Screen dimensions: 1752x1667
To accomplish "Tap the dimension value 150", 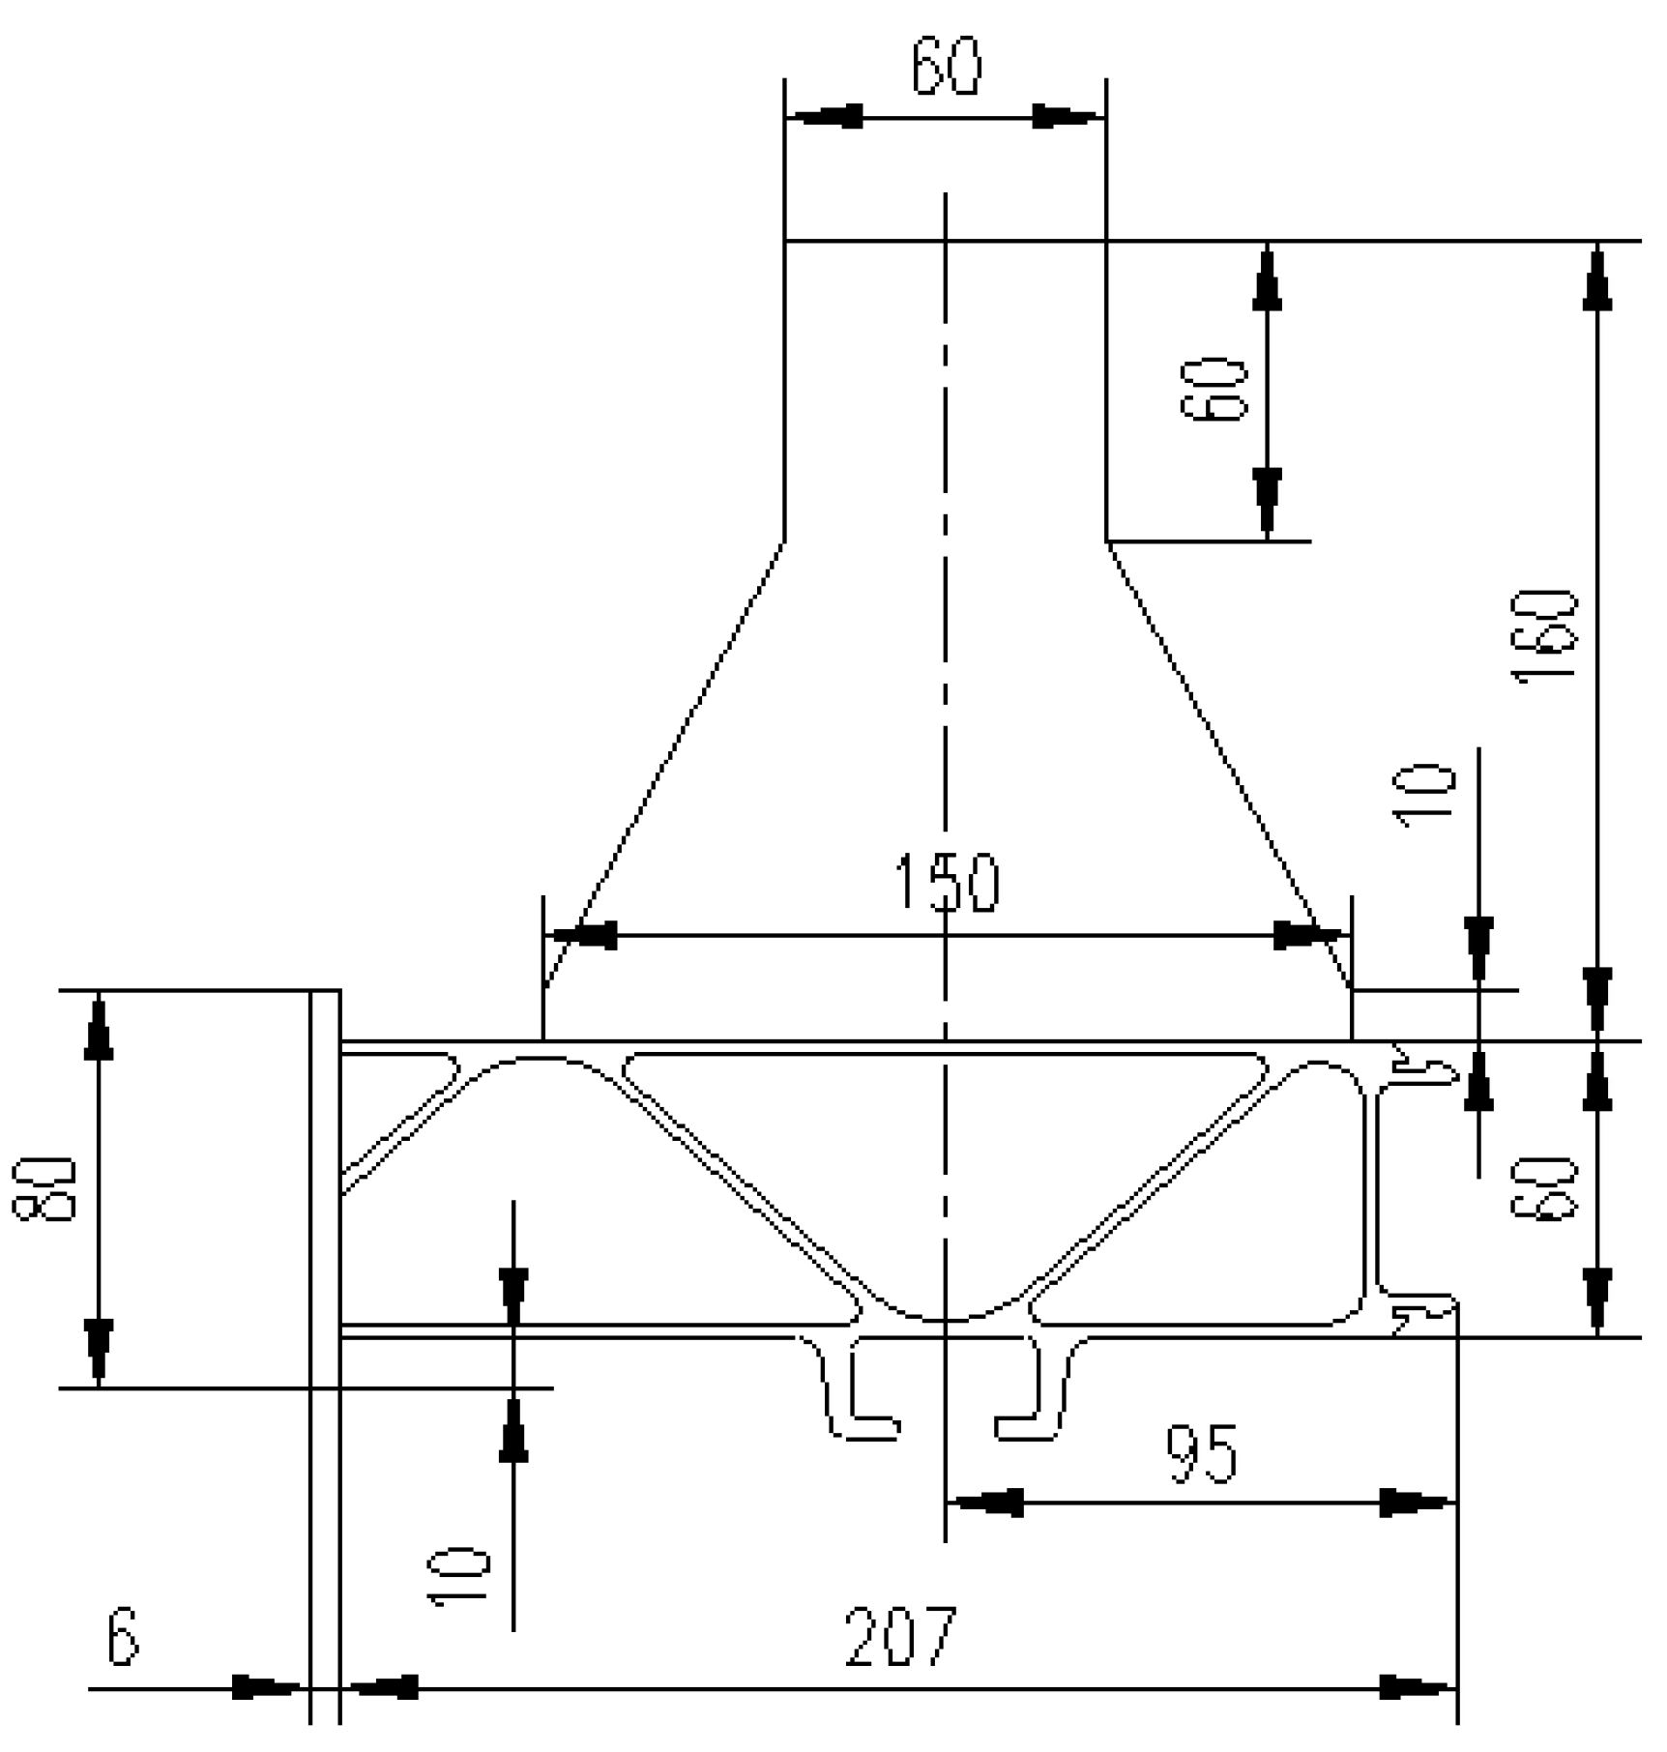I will pyautogui.click(x=947, y=882).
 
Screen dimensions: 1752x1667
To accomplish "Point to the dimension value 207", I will pyautogui.click(x=900, y=1637).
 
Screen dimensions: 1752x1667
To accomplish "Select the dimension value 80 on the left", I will pyautogui.click(x=44, y=1188).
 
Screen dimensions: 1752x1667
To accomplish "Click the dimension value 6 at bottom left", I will pyautogui.click(x=123, y=1637).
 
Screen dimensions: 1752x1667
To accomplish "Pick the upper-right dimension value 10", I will pyautogui.click(x=1424, y=795).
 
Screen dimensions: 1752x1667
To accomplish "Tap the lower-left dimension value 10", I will pyautogui.click(x=459, y=1576).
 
